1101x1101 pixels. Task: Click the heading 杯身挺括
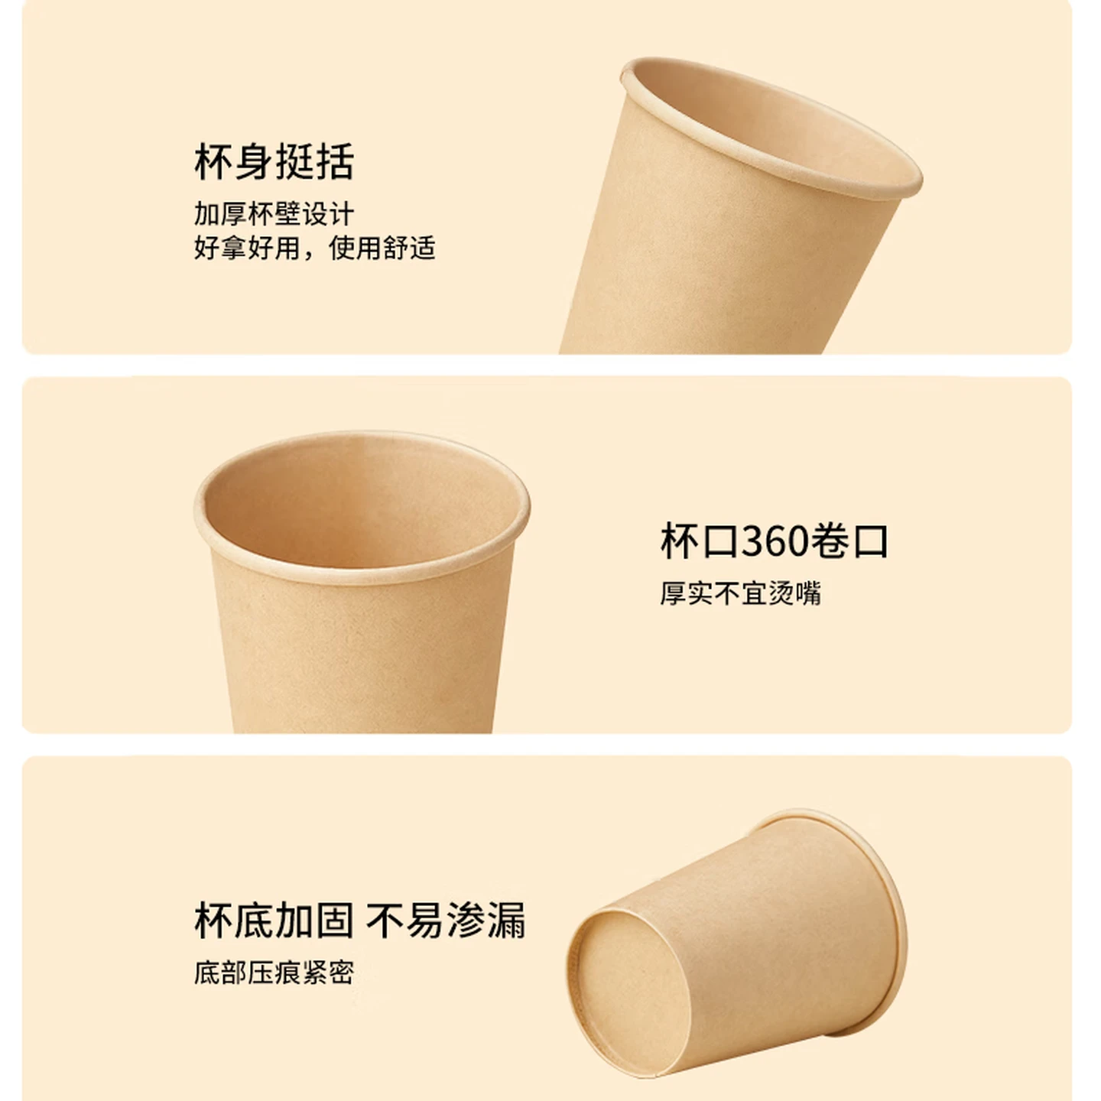pos(274,161)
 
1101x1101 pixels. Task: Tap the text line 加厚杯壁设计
pos(274,214)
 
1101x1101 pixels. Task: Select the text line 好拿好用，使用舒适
pos(315,248)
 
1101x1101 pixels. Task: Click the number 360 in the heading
pos(774,541)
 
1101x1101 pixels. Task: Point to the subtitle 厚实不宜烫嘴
pos(740,593)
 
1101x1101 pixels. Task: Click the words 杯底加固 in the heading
pos(274,920)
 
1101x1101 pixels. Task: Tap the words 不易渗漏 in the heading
pos(446,920)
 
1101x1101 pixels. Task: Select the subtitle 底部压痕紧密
pos(274,973)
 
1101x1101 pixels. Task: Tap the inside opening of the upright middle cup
pos(362,503)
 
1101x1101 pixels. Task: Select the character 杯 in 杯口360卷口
pos(680,541)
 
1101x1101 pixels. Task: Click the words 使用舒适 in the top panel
pos(382,248)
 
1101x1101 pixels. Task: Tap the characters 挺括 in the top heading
pos(315,161)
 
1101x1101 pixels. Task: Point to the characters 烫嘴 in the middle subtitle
pos(794,593)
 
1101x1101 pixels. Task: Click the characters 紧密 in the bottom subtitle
pos(328,973)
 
